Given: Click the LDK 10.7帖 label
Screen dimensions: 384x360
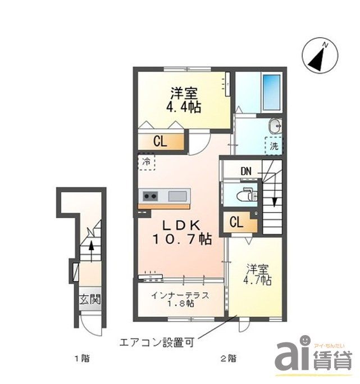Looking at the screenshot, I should click(x=179, y=232).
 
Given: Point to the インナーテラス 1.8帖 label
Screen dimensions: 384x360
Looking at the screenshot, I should click(x=173, y=299).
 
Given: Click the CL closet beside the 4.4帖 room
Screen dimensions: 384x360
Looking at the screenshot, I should click(x=160, y=142).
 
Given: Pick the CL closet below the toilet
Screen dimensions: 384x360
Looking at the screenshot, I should click(x=236, y=222).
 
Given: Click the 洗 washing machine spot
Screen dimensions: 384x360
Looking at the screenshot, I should click(x=275, y=146).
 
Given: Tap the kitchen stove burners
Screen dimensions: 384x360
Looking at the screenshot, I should click(x=150, y=196).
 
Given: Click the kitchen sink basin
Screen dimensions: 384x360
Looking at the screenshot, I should click(x=176, y=196).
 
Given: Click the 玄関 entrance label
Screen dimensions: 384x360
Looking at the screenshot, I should click(x=90, y=300).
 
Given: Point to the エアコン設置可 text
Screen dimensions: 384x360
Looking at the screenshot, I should click(x=156, y=342).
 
